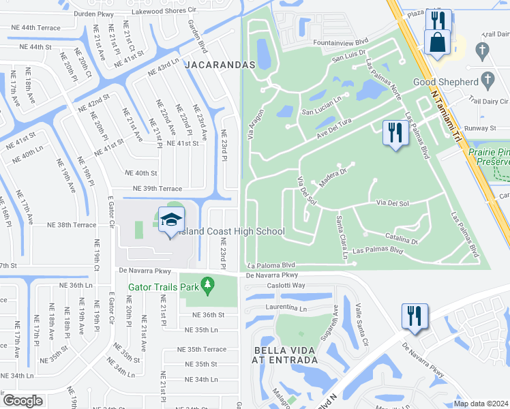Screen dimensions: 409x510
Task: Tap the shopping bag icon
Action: point(436,42)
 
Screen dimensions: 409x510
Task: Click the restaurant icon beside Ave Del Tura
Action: point(395,133)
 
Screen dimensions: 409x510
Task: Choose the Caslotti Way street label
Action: point(286,286)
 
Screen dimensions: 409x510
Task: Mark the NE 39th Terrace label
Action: point(157,188)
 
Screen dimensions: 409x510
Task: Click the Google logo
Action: point(23,400)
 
